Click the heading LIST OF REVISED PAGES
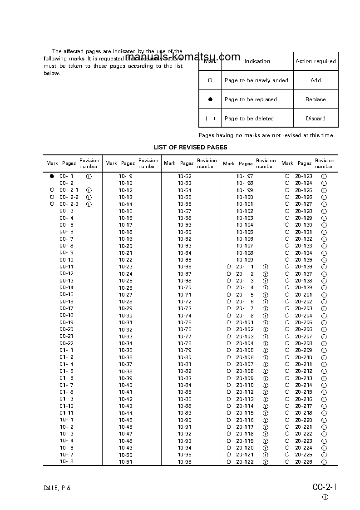(x=190, y=147)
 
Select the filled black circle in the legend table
(x=210, y=99)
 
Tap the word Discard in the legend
(x=315, y=119)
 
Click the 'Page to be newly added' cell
(x=256, y=80)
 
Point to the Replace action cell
(x=315, y=99)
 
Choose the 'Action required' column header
(x=315, y=61)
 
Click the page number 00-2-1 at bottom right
(x=325, y=487)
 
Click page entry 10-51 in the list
(x=126, y=462)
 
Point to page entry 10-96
(x=184, y=462)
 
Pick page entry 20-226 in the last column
(x=304, y=462)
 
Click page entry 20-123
(x=304, y=176)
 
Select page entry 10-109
(x=245, y=260)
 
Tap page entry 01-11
(x=66, y=413)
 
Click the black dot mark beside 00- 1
(x=52, y=176)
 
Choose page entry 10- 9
(x=126, y=176)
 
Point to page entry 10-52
(x=184, y=176)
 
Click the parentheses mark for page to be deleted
(x=210, y=119)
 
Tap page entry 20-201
(x=304, y=294)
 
